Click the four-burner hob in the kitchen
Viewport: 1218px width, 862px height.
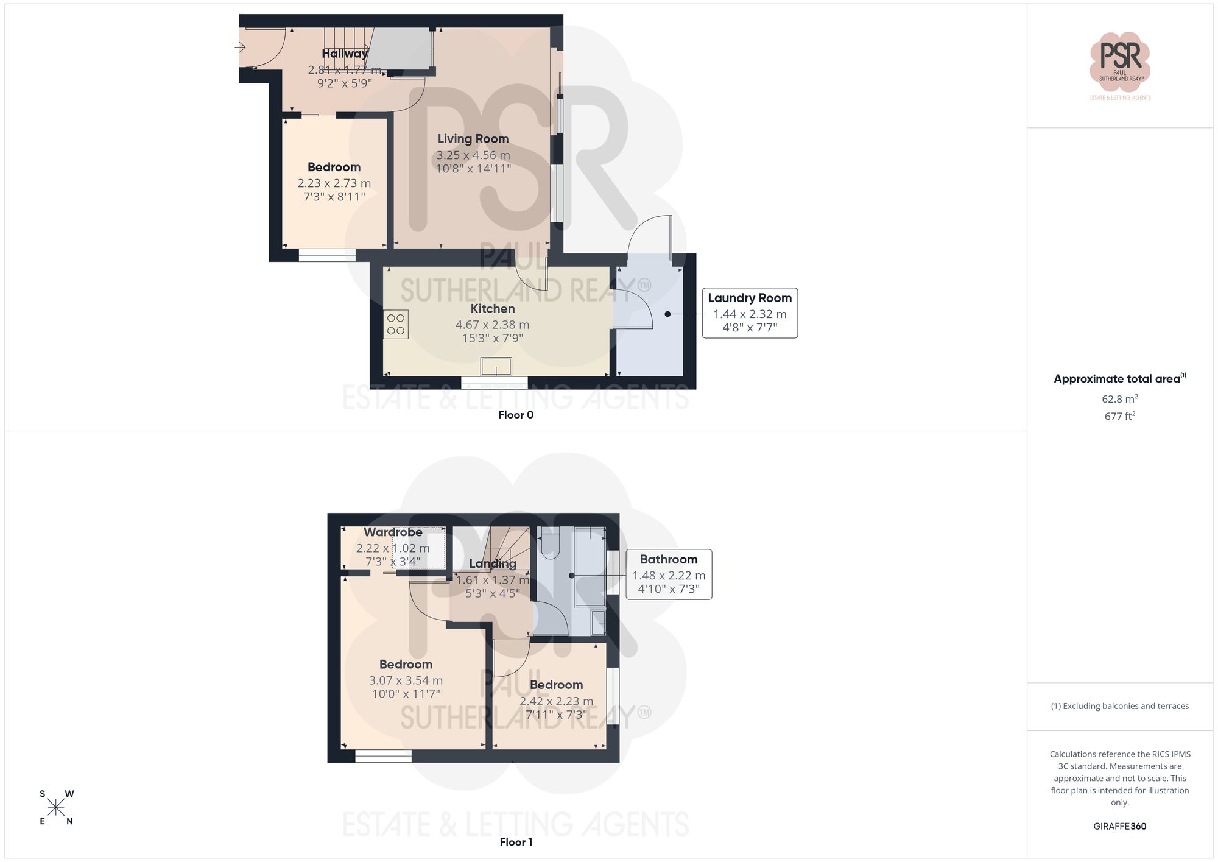[x=396, y=324]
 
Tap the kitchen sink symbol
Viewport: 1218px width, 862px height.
[x=496, y=367]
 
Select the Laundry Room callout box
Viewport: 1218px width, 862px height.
[x=750, y=313]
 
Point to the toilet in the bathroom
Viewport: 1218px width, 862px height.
[x=549, y=542]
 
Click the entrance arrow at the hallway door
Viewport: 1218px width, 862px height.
[x=240, y=47]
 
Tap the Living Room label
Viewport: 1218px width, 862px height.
[x=473, y=139]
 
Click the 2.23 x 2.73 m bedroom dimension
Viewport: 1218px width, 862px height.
[x=334, y=183]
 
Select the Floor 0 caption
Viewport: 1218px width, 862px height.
[x=515, y=415]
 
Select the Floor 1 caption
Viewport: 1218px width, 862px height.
[x=515, y=842]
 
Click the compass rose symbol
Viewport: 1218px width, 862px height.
[x=56, y=808]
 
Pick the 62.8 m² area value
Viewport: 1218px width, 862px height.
[x=1119, y=399]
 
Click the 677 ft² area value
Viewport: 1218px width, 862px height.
[x=1119, y=416]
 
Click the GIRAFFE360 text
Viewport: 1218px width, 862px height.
[x=1119, y=826]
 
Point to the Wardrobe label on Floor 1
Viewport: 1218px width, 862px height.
[x=393, y=532]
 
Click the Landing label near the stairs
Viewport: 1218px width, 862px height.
[x=492, y=563]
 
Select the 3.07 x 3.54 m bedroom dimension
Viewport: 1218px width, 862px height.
[x=406, y=680]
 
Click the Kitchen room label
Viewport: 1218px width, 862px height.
[x=492, y=309]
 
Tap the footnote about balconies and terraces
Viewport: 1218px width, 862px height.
[x=1119, y=706]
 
